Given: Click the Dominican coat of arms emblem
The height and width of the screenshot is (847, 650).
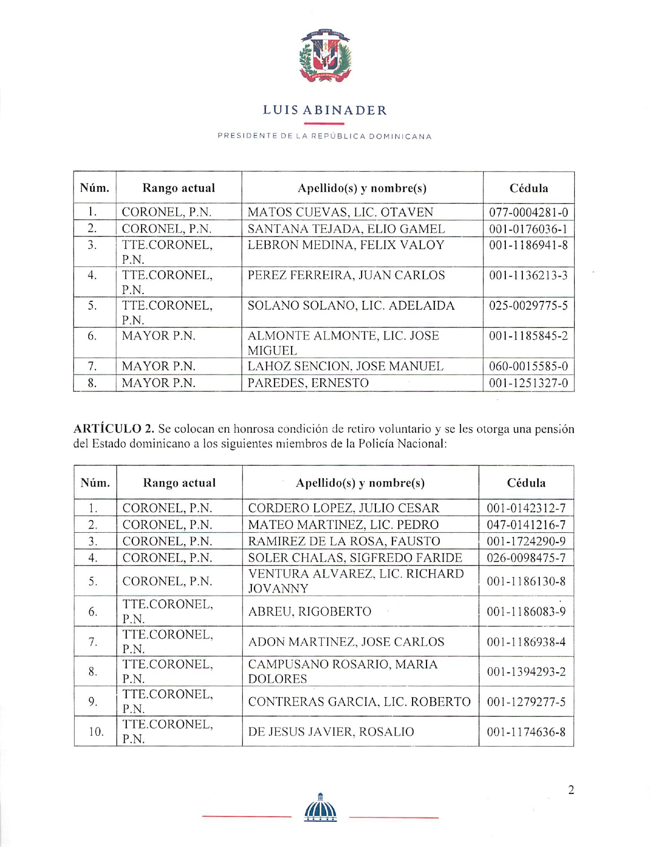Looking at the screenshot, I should point(325,56).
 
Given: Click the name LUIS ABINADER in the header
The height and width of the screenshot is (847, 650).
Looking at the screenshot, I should point(324,110).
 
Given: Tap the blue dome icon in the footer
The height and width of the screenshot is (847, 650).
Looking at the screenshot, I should point(320,808).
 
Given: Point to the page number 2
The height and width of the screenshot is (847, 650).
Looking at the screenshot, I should point(571,790).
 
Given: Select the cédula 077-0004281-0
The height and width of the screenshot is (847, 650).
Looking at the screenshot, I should point(528,212).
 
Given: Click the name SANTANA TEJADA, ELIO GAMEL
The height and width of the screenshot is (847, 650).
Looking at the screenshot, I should point(346,229).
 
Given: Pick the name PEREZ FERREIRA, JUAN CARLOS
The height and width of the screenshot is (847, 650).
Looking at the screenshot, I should point(346,275).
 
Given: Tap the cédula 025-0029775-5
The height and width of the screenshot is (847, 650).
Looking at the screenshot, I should point(528,306).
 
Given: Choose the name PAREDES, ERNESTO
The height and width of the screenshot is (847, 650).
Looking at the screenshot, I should point(308,383).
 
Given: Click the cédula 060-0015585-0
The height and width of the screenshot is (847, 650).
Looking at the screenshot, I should point(528,366).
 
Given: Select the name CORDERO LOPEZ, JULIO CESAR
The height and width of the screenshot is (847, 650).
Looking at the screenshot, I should point(344,508).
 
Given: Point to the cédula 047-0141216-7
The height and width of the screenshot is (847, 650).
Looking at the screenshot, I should point(526,524).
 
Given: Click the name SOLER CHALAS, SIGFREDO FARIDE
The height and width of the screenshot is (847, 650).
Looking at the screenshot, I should point(355,557).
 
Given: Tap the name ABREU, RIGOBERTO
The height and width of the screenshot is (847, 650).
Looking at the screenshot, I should point(310,612).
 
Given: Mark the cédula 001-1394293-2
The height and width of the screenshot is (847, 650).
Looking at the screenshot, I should point(526,672).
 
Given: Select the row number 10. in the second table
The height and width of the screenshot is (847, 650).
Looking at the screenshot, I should point(95,732).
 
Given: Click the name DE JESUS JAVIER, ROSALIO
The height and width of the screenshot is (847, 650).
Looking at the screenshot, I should point(331,732).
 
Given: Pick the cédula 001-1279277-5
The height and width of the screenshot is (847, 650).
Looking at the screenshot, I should point(526,702).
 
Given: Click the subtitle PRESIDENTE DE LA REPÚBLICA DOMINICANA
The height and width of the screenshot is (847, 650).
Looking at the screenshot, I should point(324,137).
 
